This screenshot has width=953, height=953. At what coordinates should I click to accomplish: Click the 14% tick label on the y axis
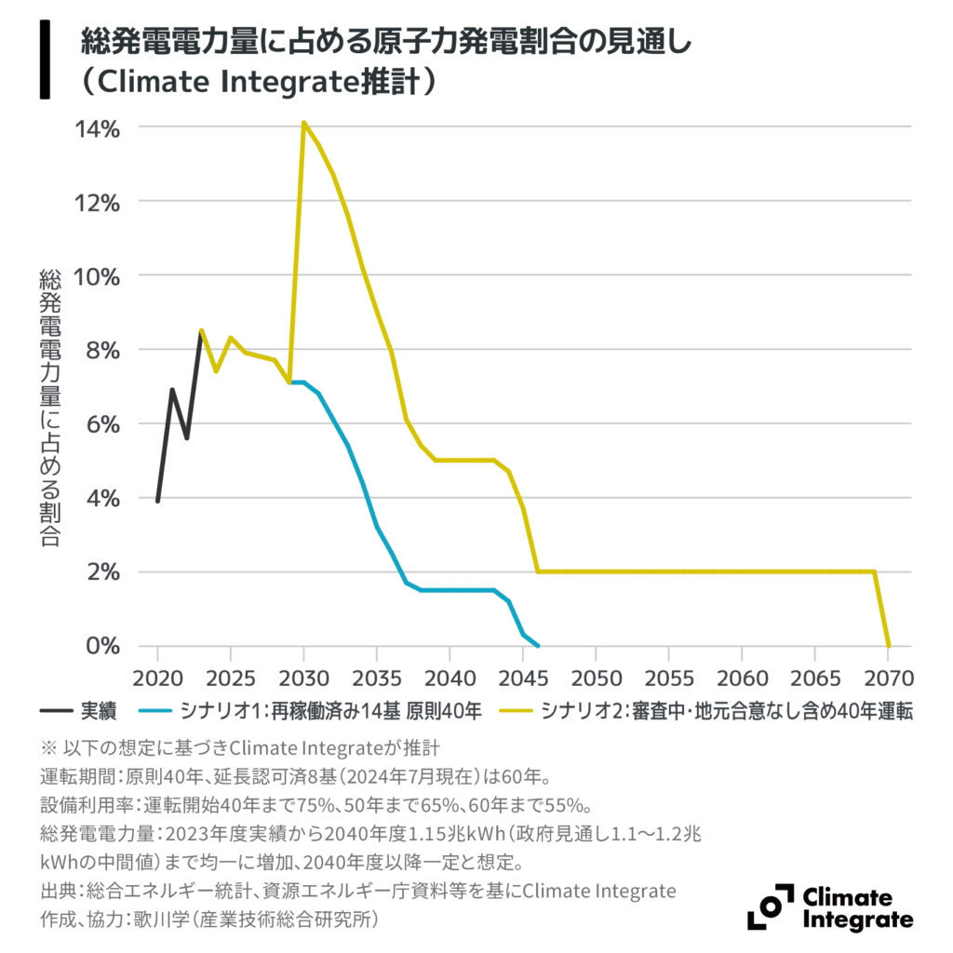pyautogui.click(x=96, y=128)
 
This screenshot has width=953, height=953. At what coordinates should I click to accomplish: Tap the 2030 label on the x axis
pyautogui.click(x=303, y=674)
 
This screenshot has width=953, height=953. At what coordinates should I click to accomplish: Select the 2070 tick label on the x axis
pyautogui.click(x=888, y=674)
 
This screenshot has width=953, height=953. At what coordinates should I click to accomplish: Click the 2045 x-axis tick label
pyautogui.click(x=523, y=674)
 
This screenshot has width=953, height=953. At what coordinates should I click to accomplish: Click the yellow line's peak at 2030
pyautogui.click(x=303, y=123)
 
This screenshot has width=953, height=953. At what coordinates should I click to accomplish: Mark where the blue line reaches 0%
pyautogui.click(x=538, y=646)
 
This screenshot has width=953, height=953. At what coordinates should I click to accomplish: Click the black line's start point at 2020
pyautogui.click(x=158, y=501)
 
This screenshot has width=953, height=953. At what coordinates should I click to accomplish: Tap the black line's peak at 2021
pyautogui.click(x=172, y=390)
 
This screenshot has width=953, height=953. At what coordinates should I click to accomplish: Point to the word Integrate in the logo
pyautogui.click(x=856, y=919)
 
